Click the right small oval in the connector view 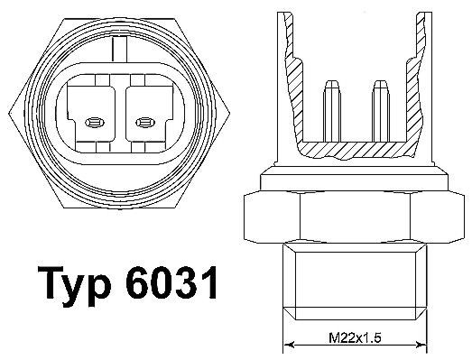(x=143, y=121)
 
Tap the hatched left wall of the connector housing (x=292, y=86)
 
